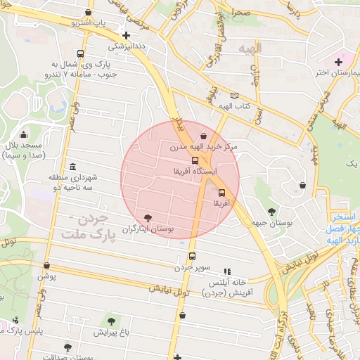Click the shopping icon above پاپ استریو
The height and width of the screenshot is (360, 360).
pos(88,13)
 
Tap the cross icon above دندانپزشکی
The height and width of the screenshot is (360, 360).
pos(126,35)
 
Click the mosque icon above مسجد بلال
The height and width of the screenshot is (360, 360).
pos(24,135)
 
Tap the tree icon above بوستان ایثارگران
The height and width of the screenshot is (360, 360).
pos(147,219)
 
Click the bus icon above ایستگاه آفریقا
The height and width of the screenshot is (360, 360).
pos(195,160)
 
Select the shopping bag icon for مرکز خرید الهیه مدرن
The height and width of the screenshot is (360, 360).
pos(203,136)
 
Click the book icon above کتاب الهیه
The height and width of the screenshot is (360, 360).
pos(234,96)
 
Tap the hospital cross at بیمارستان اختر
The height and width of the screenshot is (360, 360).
pos(338,62)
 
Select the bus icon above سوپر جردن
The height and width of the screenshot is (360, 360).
pos(191,256)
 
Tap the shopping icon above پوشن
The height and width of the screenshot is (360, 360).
pos(46,266)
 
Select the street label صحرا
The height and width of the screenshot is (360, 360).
pos(241,12)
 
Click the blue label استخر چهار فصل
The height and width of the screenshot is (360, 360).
pos(343,224)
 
